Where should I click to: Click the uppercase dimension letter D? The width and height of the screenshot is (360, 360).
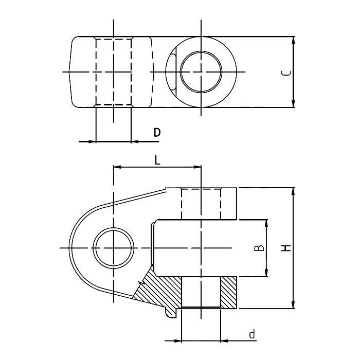[157, 132]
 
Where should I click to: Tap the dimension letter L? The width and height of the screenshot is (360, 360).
[157, 160]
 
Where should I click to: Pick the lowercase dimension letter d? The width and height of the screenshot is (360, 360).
[251, 334]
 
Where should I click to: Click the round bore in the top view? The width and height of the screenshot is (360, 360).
[201, 71]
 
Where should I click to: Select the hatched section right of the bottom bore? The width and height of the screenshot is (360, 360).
[229, 293]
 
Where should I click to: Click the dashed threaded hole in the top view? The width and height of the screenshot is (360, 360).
[114, 71]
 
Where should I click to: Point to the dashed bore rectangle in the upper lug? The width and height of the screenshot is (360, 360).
[201, 204]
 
